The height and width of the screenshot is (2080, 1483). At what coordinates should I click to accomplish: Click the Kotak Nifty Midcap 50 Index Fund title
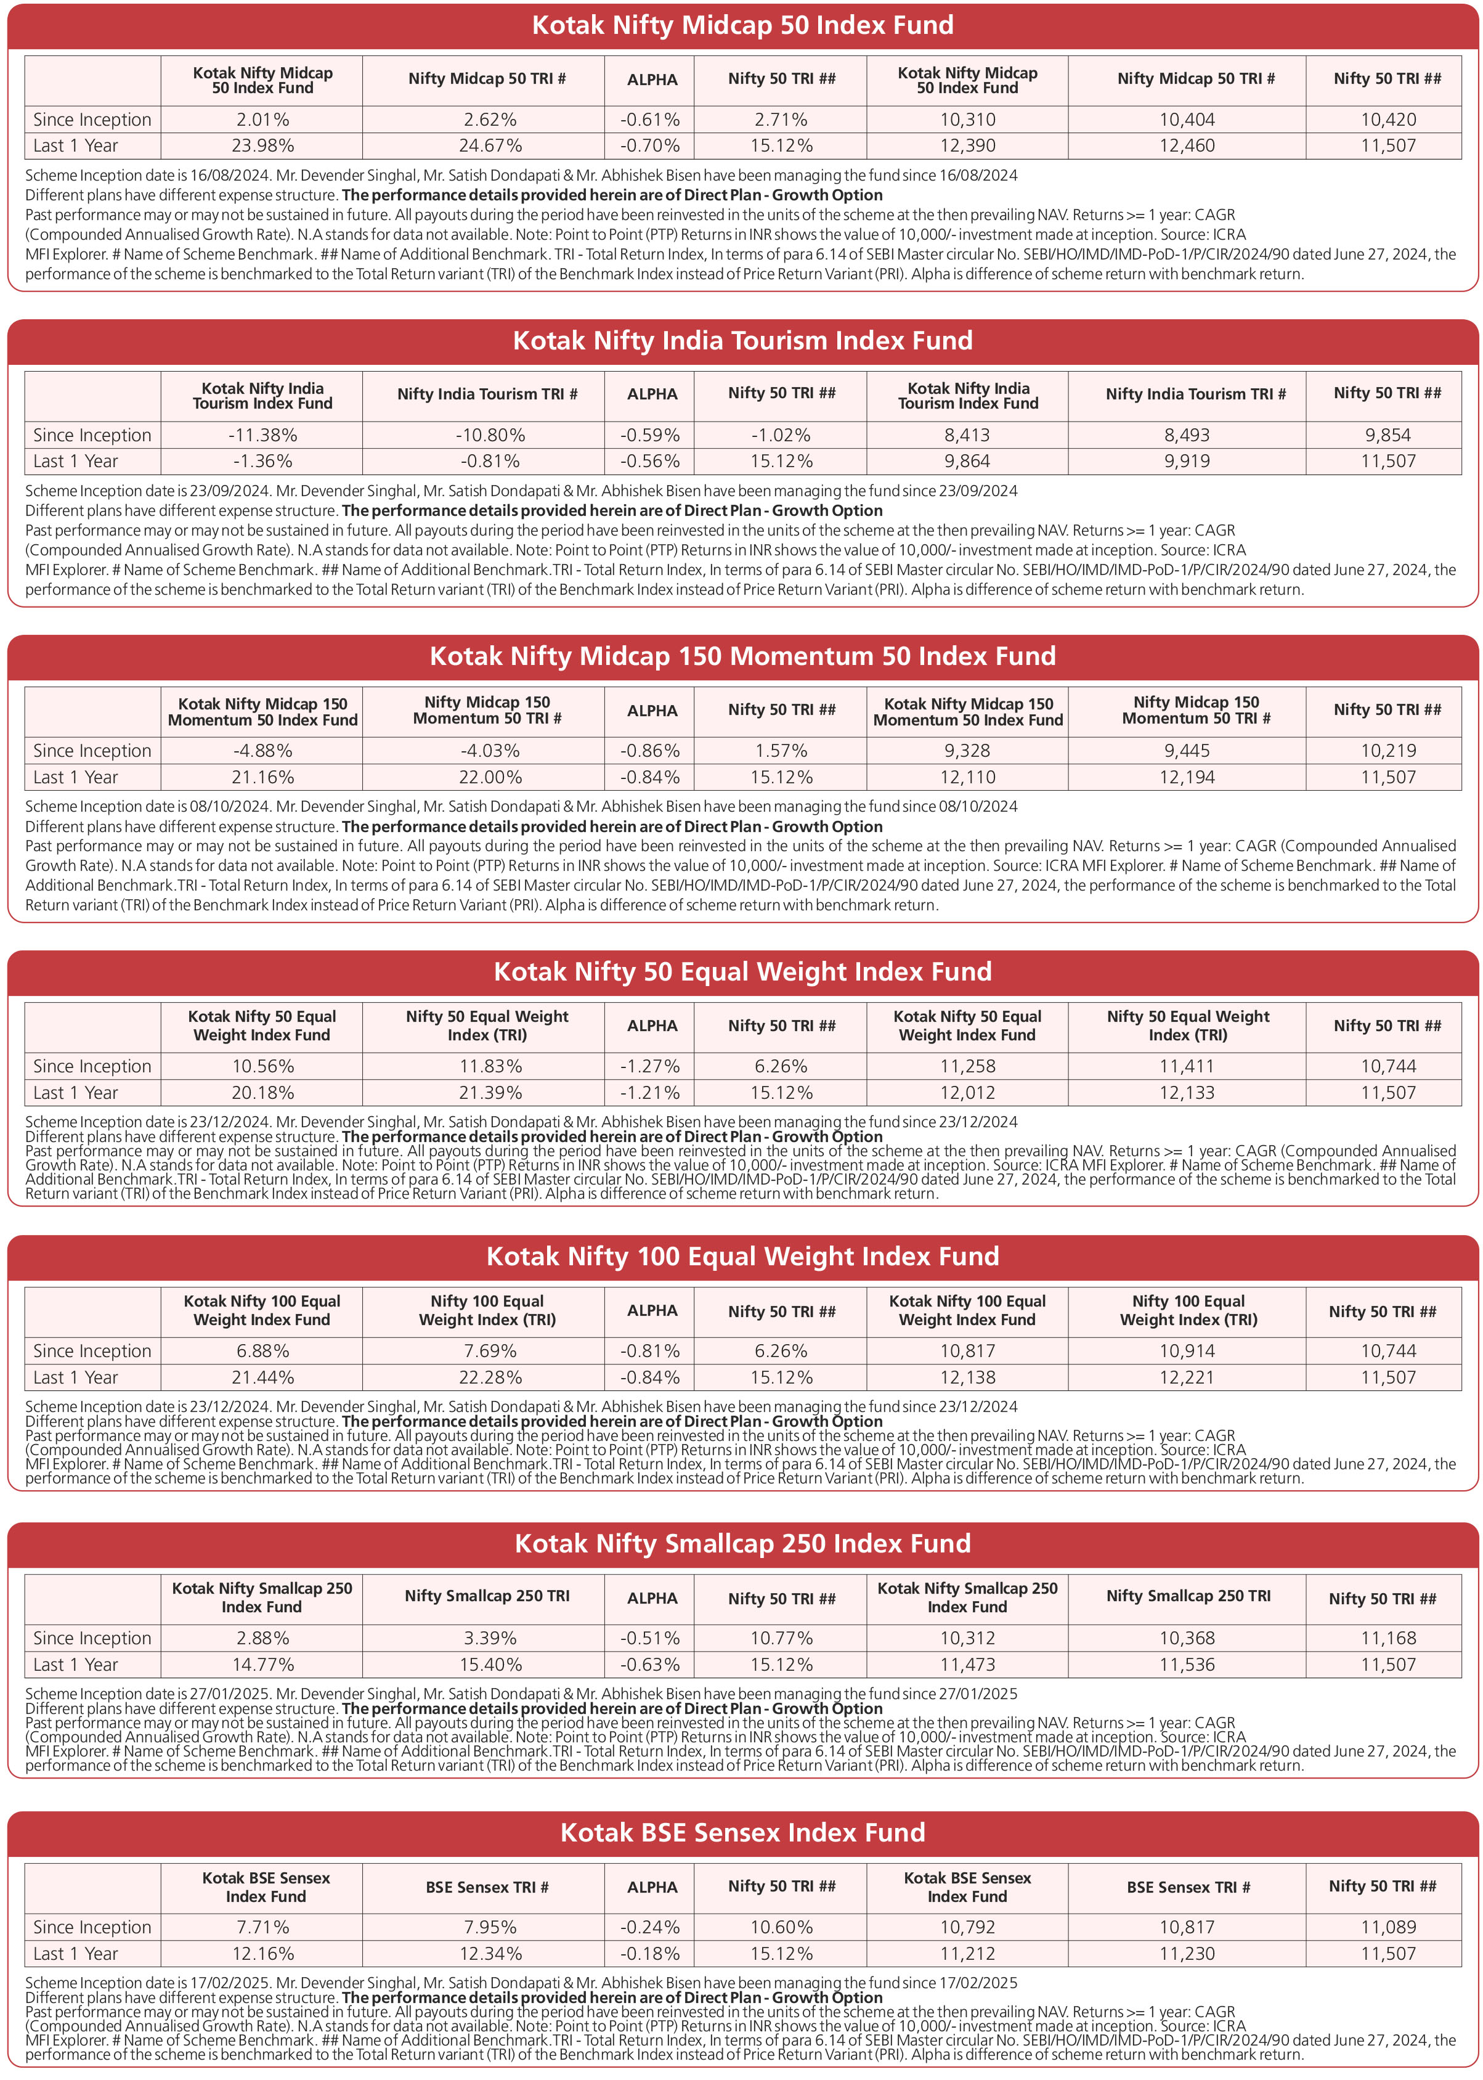(x=742, y=26)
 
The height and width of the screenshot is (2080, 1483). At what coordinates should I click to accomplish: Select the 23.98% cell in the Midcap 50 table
(x=262, y=146)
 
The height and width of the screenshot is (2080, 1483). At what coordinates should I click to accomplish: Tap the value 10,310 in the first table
(x=967, y=120)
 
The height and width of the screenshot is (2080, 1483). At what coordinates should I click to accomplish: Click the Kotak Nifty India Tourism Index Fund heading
(x=742, y=341)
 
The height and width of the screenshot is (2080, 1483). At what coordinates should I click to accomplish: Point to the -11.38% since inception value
(x=262, y=436)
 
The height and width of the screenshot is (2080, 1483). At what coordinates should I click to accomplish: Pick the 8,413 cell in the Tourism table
(x=967, y=436)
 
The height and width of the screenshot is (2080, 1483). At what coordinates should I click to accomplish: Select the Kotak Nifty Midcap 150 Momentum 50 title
(x=742, y=656)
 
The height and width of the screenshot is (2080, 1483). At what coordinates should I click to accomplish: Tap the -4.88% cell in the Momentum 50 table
(x=262, y=751)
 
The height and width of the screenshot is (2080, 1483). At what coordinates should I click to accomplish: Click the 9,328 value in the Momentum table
(x=967, y=751)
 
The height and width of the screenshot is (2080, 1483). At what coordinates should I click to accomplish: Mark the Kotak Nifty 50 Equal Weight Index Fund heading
(x=742, y=971)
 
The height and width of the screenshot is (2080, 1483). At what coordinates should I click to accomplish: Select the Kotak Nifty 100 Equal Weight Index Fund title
(x=742, y=1256)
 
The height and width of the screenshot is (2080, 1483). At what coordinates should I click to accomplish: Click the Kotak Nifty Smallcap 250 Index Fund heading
(x=742, y=1544)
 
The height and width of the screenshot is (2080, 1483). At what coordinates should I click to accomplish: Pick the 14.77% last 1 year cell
(x=262, y=1665)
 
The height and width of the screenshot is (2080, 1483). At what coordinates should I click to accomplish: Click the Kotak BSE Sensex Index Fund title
(x=742, y=1832)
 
